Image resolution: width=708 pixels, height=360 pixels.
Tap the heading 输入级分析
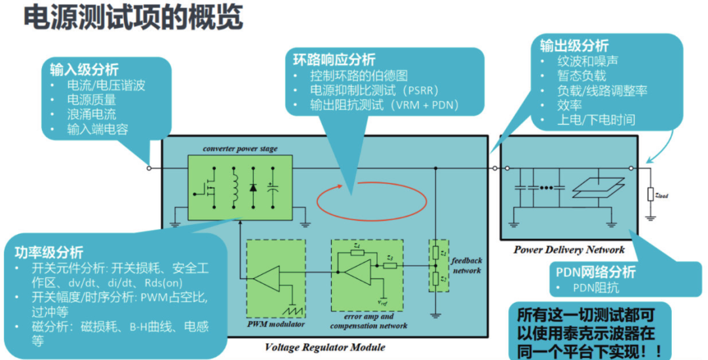85,69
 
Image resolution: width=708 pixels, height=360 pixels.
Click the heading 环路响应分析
334,59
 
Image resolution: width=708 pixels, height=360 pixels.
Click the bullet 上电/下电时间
596,120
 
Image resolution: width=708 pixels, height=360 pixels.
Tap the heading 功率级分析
49,252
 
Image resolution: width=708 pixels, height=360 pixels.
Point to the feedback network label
466,265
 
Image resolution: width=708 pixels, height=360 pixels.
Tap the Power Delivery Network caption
569,250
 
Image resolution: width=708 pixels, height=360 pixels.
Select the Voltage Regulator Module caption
325,347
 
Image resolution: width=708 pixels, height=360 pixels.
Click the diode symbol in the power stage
253,188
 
